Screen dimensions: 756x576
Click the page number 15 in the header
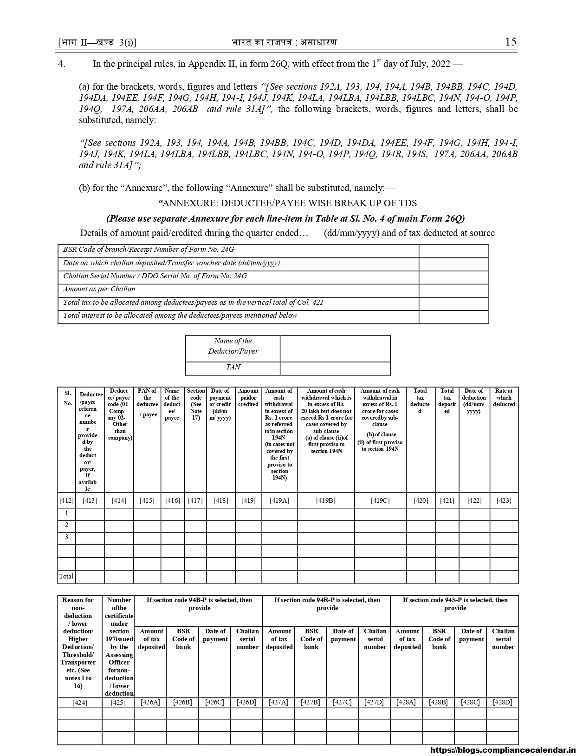510,42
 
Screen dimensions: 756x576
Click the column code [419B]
325,500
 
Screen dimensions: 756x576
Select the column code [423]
504,500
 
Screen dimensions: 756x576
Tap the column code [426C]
214,702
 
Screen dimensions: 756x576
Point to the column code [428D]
503,702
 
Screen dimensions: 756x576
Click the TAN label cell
233,367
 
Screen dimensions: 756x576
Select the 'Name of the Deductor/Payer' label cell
233,346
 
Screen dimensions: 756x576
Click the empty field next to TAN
335,368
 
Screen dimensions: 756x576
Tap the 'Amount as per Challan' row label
99,289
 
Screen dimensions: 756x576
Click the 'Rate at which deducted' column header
504,398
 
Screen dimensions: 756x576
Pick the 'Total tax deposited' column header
447,401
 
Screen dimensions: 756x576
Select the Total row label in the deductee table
66,576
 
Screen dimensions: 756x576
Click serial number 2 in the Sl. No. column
66,525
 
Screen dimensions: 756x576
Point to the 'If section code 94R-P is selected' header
327,604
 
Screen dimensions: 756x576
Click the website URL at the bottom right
503,749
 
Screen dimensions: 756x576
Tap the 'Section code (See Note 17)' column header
195,404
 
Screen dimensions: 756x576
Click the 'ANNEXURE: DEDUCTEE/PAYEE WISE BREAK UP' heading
288,203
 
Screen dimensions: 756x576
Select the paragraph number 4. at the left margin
61,64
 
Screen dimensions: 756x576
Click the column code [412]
66,500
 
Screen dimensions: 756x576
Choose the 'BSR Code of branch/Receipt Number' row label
149,250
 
